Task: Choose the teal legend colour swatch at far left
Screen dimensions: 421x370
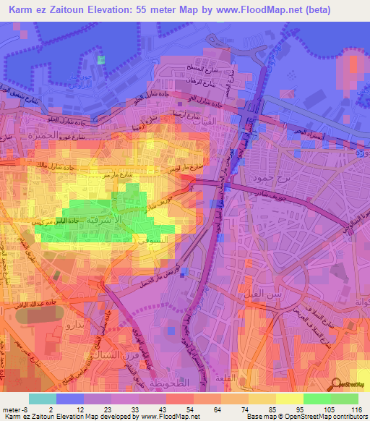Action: point(43,399)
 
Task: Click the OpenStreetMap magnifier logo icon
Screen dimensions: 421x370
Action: point(336,386)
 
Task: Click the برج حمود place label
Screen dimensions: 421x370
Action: point(264,177)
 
